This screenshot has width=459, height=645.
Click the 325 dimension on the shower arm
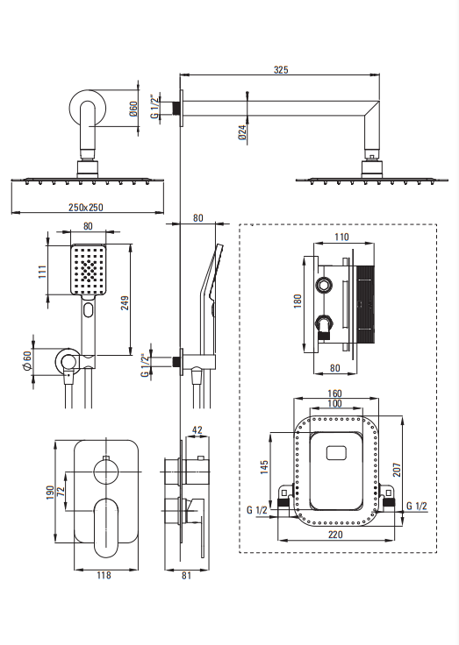pyautogui.click(x=281, y=69)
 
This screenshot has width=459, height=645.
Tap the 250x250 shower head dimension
pyautogui.click(x=86, y=207)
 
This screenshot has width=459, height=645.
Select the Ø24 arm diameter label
pyautogui.click(x=242, y=132)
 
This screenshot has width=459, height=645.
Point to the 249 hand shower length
pyautogui.click(x=125, y=302)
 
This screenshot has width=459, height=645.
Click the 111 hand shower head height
pyautogui.click(x=42, y=272)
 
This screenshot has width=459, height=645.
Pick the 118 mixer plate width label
pyautogui.click(x=104, y=575)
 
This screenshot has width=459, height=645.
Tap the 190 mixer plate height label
pyautogui.click(x=50, y=493)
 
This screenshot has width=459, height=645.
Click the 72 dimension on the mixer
pyautogui.click(x=61, y=492)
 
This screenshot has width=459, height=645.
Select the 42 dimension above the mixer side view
pyautogui.click(x=197, y=430)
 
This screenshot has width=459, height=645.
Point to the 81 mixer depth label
pyautogui.click(x=186, y=575)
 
